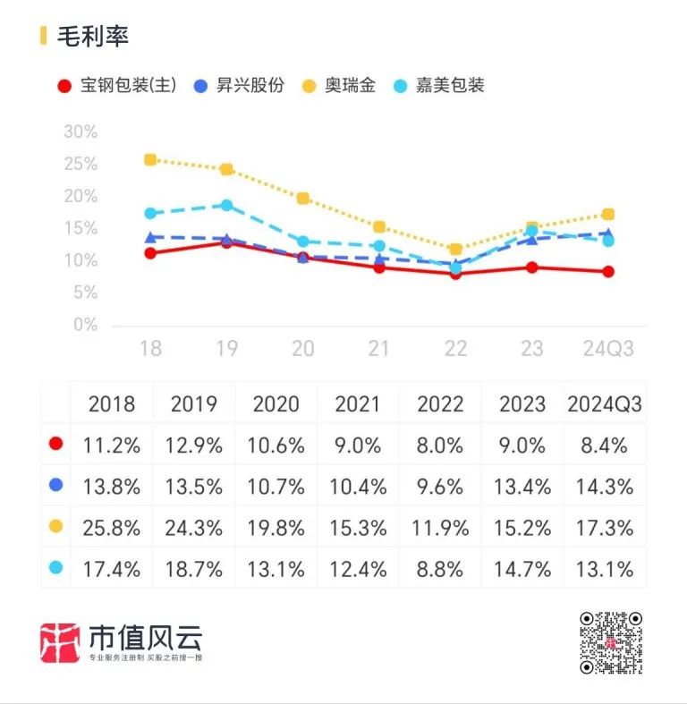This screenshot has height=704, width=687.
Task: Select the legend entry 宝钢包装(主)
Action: (x=116, y=86)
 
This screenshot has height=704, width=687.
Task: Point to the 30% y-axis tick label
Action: (x=80, y=132)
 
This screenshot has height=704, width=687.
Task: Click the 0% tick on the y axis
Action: (x=84, y=325)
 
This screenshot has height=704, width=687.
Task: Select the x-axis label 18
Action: (x=150, y=348)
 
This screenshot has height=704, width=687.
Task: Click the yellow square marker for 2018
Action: (x=150, y=160)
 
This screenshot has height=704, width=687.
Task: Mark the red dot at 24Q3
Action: (x=608, y=272)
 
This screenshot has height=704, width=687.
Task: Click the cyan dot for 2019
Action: (x=226, y=206)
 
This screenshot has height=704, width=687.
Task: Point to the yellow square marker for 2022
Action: (x=455, y=250)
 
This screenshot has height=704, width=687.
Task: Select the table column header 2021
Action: (x=357, y=403)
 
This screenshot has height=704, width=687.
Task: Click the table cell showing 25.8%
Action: (x=111, y=528)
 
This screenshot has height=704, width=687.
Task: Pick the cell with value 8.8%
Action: (x=439, y=568)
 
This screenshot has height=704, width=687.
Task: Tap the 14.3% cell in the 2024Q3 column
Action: (x=604, y=487)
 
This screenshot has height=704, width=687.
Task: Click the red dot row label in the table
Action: (x=55, y=444)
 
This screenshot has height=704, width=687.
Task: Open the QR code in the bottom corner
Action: (x=611, y=642)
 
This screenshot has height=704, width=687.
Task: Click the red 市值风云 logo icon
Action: (x=61, y=641)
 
